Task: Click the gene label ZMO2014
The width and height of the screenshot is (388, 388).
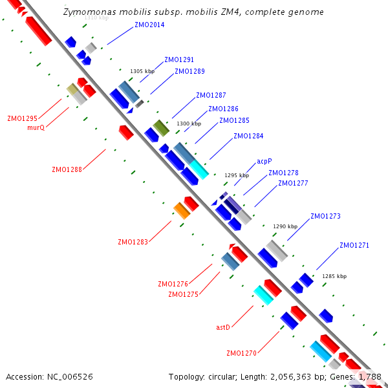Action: point(149,25)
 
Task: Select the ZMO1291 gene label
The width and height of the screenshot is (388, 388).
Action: point(179,59)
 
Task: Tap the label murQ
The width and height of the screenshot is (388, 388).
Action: point(36,127)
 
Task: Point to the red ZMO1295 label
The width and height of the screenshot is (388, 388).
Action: point(22,118)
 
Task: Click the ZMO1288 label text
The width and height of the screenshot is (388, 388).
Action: point(67,169)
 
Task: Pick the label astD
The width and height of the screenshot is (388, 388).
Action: point(223,327)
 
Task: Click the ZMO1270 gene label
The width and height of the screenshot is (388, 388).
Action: point(241,353)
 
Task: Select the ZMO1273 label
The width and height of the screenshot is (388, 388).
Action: point(325,216)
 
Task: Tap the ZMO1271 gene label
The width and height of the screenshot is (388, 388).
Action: point(354,245)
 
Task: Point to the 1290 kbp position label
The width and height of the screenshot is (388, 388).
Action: point(285,226)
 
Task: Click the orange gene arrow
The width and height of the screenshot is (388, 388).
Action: point(182,210)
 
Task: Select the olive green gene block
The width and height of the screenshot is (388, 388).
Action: point(161,127)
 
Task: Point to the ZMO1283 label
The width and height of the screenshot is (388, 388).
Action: point(133,242)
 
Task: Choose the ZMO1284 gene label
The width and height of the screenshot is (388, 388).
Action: point(248,136)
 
